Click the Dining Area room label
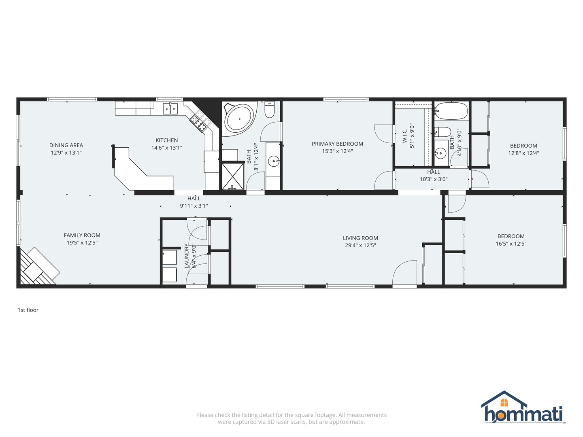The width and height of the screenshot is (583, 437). (66, 145)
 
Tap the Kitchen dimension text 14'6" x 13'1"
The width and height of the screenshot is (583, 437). (166, 148)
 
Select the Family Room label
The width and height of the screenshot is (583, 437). (82, 235)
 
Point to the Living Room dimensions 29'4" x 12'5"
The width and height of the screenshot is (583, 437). (360, 246)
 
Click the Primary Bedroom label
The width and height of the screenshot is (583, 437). (337, 144)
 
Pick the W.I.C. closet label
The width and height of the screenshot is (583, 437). (404, 136)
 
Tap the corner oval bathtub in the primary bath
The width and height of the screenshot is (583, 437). (239, 119)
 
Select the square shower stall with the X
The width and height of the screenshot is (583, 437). (232, 176)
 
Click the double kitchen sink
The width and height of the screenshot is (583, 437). (170, 108)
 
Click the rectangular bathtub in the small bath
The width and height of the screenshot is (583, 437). (451, 111)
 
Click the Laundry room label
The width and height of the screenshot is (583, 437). (186, 256)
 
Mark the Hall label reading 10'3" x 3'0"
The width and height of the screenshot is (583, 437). (434, 176)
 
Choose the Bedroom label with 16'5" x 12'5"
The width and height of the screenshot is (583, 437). (511, 240)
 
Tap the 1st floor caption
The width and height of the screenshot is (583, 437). (28, 310)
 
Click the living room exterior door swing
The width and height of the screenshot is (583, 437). (404, 273)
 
